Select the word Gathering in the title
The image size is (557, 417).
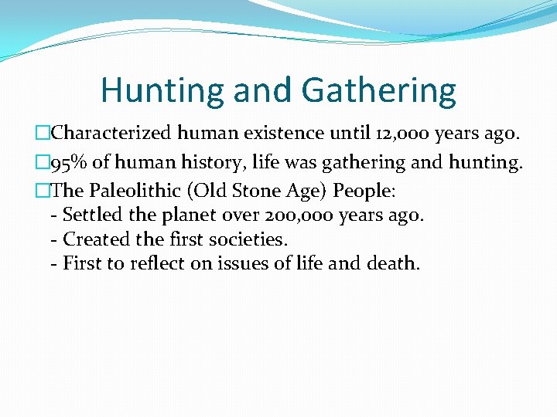(x=378, y=91)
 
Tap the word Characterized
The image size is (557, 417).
(x=111, y=134)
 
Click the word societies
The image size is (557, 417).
(x=248, y=239)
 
